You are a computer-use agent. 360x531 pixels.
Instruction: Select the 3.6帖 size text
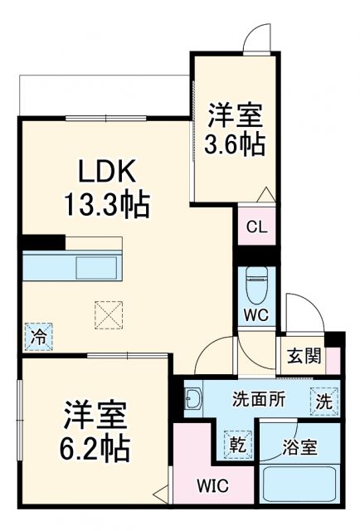tap(236, 144)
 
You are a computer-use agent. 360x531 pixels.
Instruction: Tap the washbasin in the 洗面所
tap(192, 400)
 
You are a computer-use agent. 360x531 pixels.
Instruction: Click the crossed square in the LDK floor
tap(108, 314)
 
